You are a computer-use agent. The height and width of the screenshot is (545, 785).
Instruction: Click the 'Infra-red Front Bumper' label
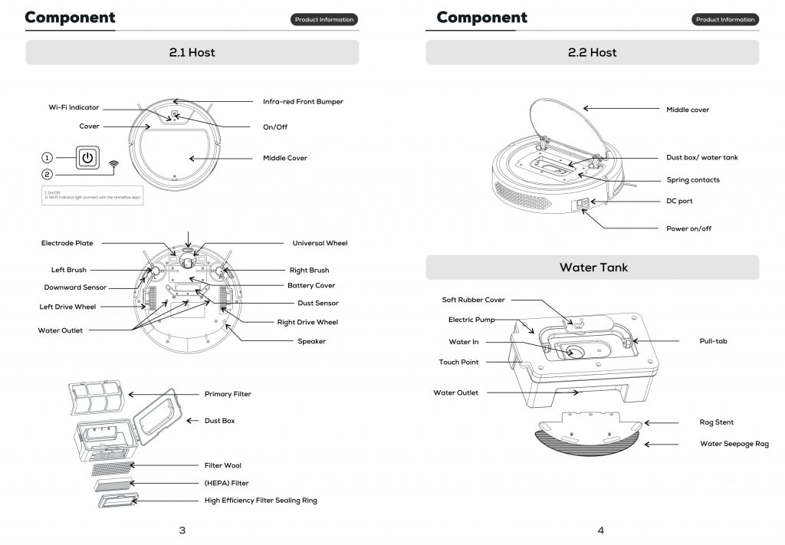[x=303, y=101]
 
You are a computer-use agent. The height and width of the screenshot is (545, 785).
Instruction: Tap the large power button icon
[x=88, y=157]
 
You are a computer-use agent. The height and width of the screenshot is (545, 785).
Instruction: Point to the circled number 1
[x=48, y=157]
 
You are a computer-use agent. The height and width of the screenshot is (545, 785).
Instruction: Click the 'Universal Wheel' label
[x=320, y=243]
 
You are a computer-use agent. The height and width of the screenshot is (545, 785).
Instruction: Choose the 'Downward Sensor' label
[x=75, y=287]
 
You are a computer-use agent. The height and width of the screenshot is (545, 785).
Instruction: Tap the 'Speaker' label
[x=311, y=341]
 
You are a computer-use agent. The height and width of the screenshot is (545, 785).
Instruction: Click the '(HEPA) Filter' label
[x=226, y=483]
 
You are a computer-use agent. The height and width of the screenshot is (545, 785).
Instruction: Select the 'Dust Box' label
[x=219, y=421]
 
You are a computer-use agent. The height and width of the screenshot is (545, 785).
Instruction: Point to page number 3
[x=182, y=530]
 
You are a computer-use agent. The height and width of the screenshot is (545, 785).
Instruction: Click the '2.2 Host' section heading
[x=592, y=52]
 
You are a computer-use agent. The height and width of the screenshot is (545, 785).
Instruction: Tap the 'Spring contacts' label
[x=692, y=180]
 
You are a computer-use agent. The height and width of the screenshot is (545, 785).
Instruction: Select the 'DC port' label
[x=679, y=201]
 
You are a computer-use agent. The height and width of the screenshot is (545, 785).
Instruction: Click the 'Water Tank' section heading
[x=593, y=268]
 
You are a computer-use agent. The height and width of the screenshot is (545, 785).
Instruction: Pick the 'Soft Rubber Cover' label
[x=473, y=300]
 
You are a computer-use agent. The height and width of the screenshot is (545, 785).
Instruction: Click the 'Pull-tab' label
[x=713, y=341]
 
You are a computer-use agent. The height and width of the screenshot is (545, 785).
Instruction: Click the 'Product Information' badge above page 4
[x=725, y=19]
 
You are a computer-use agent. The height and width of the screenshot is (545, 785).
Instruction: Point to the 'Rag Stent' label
[x=716, y=422]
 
